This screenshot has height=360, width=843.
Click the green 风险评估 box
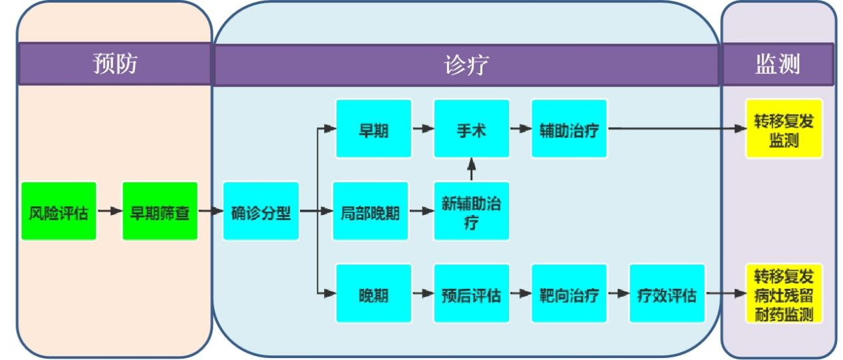[x=59, y=211]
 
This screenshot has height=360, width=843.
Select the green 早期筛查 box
[x=160, y=211]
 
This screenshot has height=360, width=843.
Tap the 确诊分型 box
[x=261, y=211]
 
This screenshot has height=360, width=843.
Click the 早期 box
[x=373, y=128]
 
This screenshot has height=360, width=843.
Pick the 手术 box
[x=472, y=128]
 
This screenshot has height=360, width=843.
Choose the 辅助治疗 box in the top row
[x=570, y=128]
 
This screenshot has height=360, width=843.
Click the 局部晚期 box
[x=370, y=211]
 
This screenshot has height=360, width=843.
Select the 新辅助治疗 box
[x=472, y=211]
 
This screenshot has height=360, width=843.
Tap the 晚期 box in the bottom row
[x=373, y=293]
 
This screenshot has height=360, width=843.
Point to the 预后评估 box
[x=472, y=293]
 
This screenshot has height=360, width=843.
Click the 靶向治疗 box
[x=570, y=293]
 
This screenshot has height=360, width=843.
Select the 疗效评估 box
[x=667, y=293]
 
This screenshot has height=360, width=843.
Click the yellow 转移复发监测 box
[x=784, y=128]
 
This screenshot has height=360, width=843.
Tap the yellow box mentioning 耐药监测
[x=784, y=293]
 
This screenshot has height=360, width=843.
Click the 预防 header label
[x=115, y=65]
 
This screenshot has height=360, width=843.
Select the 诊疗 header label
[x=466, y=65]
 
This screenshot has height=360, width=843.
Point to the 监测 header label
[x=778, y=65]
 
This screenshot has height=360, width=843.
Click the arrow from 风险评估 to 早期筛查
[x=109, y=211]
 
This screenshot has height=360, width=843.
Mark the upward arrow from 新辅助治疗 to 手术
[x=472, y=169]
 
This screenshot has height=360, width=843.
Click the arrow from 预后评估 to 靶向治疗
[x=520, y=293]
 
